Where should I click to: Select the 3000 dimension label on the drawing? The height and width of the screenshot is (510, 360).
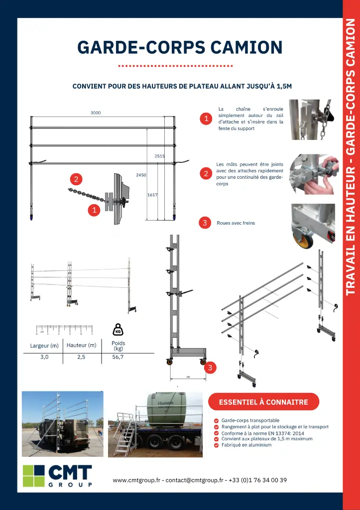96,113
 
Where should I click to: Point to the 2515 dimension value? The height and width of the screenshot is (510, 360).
160,156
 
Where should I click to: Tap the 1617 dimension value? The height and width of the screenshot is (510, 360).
152,195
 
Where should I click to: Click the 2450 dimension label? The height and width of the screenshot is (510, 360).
141,175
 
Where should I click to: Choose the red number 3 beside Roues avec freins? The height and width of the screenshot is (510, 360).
205,223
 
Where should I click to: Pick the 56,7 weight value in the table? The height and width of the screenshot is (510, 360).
118,357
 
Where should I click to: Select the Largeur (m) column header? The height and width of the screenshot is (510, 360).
44,346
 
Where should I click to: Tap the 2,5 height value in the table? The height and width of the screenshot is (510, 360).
81,357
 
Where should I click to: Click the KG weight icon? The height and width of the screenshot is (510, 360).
118,330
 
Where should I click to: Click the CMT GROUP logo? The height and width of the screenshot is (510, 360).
57,476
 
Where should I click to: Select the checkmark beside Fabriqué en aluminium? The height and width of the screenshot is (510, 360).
216,445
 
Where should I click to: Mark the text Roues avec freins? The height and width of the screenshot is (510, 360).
236,223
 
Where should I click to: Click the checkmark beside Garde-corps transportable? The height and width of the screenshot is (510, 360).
216,421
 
